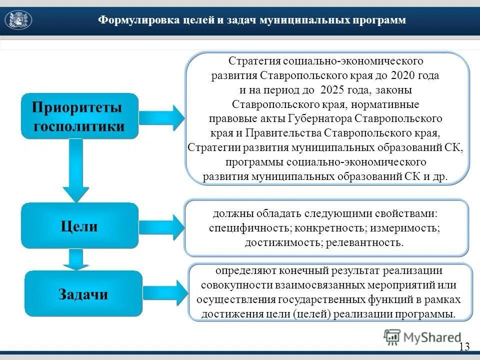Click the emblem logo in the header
tap(18, 20)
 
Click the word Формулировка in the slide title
tap(129, 20)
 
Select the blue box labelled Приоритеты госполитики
tap(79, 116)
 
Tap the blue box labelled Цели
tap(79, 226)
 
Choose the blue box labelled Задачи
tap(83, 293)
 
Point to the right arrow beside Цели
tap(161, 226)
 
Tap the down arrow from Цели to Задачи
tap(76, 260)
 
